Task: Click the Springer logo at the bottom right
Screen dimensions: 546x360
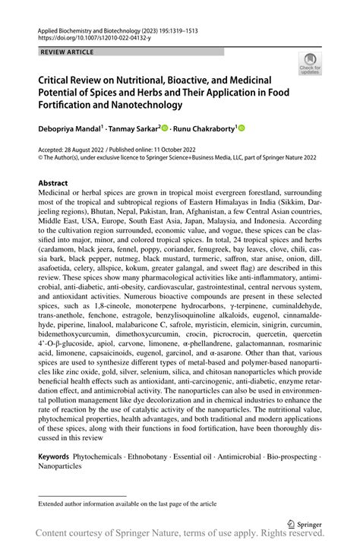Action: point(305,523)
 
